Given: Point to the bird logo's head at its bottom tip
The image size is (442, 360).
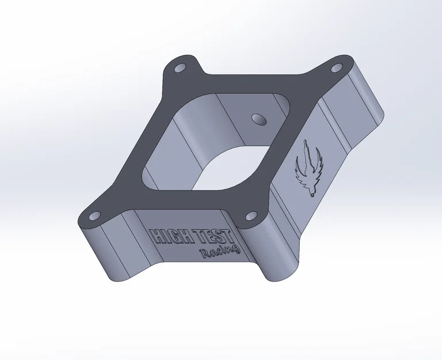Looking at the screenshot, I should click(310, 194).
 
